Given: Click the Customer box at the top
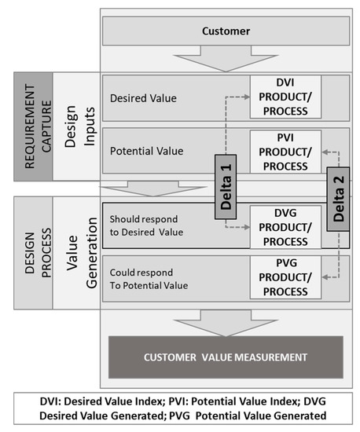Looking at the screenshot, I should [x=226, y=32].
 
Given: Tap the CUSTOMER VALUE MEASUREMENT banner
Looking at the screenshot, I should [x=226, y=358].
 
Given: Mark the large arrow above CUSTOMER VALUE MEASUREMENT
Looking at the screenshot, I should [x=226, y=321].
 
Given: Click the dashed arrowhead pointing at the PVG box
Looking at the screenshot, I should [x=326, y=276].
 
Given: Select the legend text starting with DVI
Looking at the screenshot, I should [x=180, y=408].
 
